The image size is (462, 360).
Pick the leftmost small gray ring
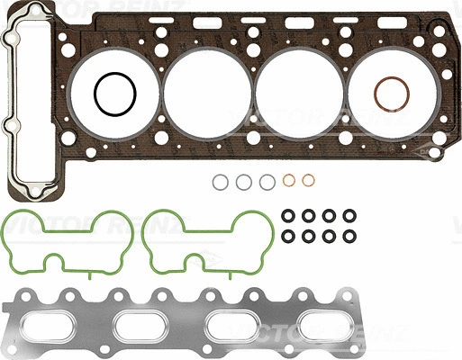221,183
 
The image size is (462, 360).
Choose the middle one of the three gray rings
244,183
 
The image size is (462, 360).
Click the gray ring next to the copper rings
267,183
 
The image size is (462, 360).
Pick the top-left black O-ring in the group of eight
289,216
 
